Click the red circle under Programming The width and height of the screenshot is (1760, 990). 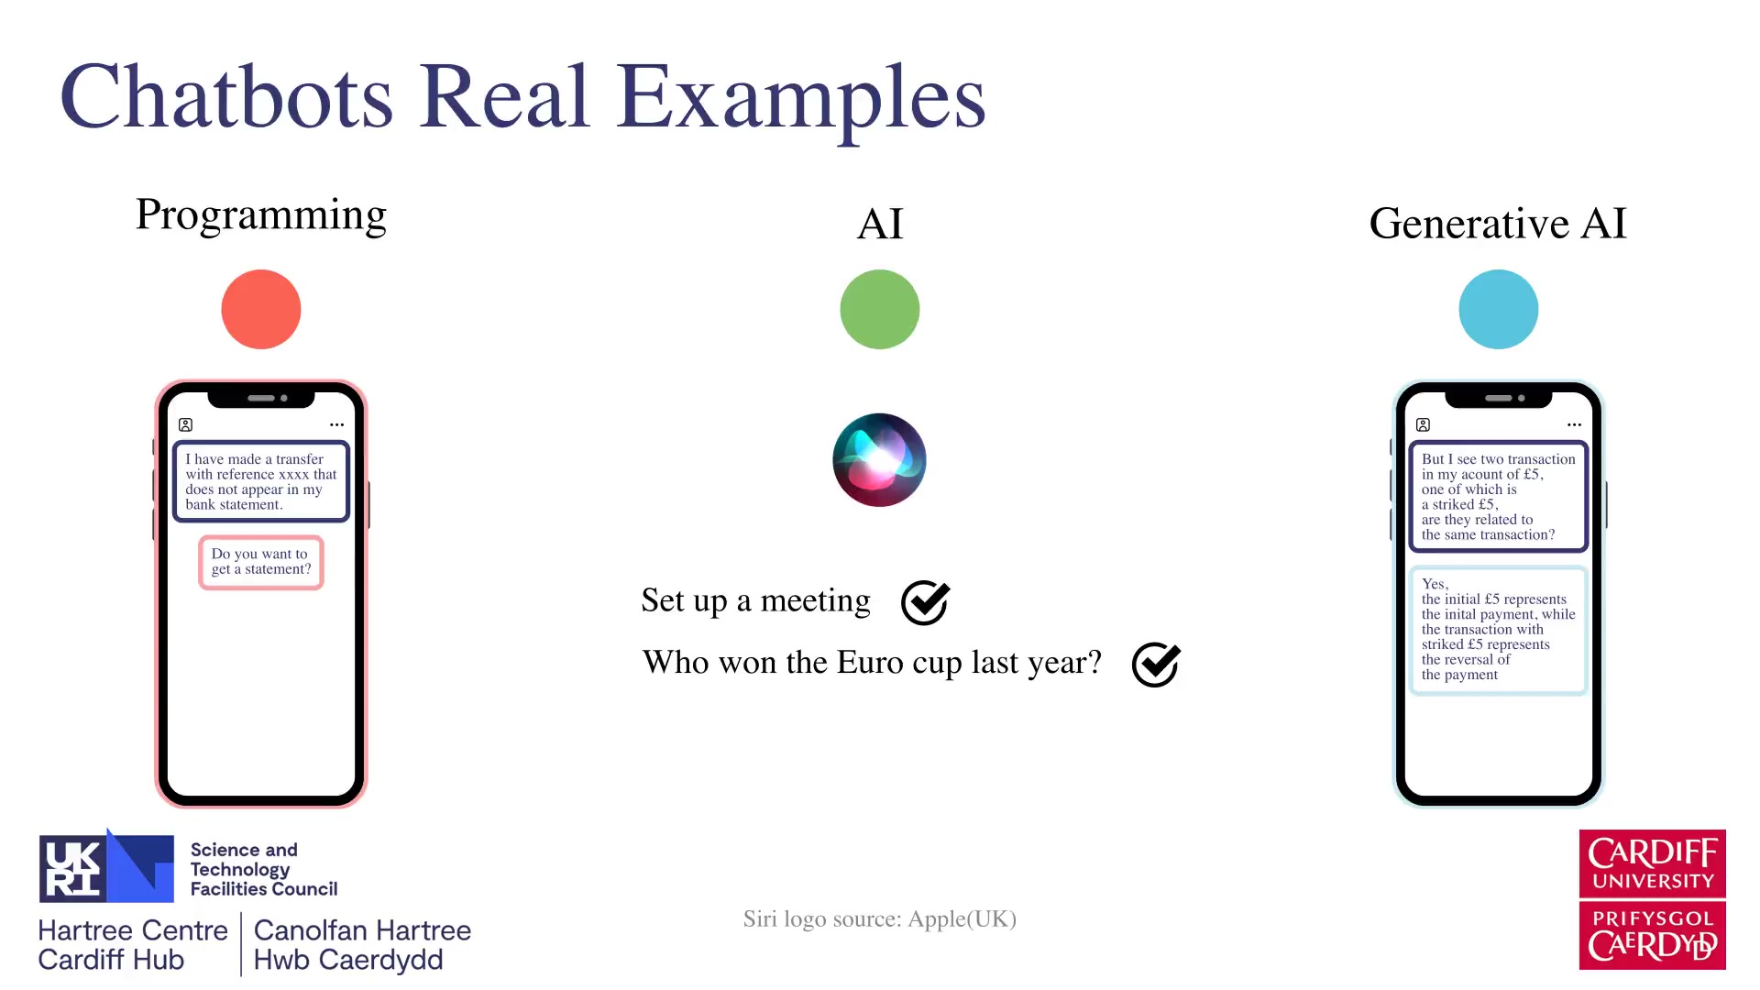click(261, 309)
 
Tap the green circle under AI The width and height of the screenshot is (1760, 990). click(880, 309)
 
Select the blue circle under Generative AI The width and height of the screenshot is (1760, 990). click(1499, 309)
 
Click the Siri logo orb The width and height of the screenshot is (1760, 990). click(879, 459)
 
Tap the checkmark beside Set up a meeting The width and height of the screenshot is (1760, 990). click(926, 602)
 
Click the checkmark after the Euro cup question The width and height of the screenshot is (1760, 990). click(1157, 664)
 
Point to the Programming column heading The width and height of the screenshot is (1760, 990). click(261, 215)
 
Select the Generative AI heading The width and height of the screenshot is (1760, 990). click(1498, 223)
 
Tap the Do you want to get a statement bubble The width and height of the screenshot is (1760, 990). click(261, 562)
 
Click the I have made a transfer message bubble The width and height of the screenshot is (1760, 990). click(261, 481)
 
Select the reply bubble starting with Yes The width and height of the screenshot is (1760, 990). click(1499, 630)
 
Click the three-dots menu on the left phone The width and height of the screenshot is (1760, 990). click(337, 424)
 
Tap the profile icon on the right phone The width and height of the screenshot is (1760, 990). click(1423, 424)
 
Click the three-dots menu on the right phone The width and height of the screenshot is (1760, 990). click(1575, 424)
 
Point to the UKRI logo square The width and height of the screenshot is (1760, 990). click(106, 867)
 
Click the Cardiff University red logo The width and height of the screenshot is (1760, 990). click(1653, 863)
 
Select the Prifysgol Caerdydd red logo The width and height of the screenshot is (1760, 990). click(1653, 936)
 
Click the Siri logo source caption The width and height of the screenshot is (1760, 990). click(880, 919)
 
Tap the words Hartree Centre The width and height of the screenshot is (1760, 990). click(133, 930)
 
